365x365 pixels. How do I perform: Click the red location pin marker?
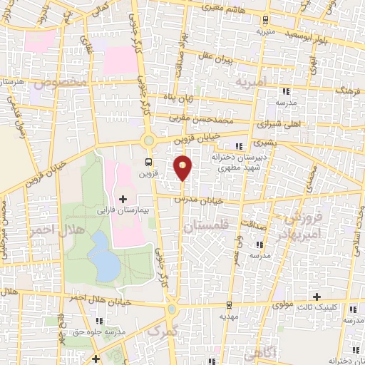coord(183,167)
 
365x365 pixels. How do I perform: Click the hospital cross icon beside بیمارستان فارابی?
coord(123,198)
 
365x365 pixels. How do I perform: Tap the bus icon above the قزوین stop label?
coord(148,161)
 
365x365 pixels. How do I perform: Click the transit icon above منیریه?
coord(266,21)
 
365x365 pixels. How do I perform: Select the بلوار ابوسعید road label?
coord(309,34)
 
